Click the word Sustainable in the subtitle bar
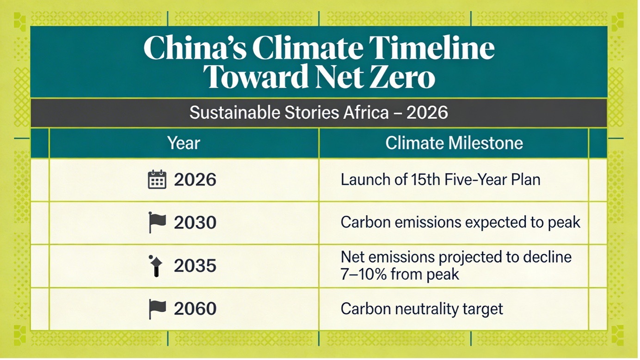click(x=231, y=113)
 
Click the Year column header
click(x=184, y=143)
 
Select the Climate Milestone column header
click(x=454, y=143)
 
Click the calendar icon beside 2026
click(x=157, y=180)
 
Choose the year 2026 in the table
click(x=195, y=180)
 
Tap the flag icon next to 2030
click(x=157, y=222)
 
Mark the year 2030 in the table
click(x=195, y=223)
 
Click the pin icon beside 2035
click(x=156, y=265)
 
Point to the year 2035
click(x=195, y=266)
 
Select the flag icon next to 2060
click(x=157, y=308)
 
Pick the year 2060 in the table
click(x=195, y=309)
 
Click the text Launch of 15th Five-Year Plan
click(x=440, y=180)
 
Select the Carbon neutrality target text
click(x=422, y=309)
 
